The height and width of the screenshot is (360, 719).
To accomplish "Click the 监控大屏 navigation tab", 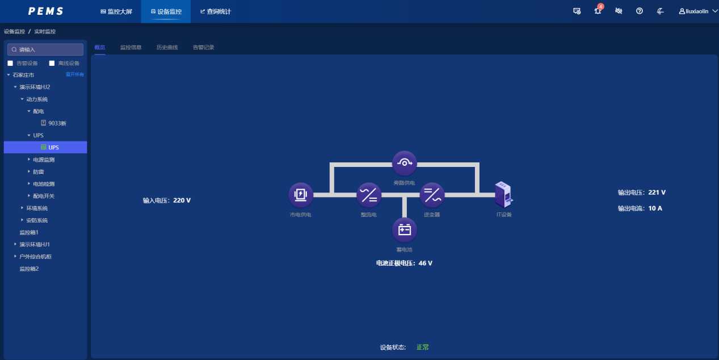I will click(x=116, y=11).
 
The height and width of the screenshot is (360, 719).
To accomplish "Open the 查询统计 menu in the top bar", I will click(x=216, y=11).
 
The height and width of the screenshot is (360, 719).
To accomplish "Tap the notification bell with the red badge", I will click(x=598, y=11).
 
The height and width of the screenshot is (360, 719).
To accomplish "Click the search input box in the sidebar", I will click(x=45, y=49).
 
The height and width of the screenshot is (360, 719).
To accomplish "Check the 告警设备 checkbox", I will click(x=10, y=63).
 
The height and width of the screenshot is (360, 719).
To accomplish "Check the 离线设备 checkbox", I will click(x=52, y=63).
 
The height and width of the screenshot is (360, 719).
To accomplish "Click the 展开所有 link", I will click(x=75, y=74).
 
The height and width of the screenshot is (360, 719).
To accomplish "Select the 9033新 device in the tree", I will click(x=57, y=123).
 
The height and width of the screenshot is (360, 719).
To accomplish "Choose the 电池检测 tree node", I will click(x=44, y=184).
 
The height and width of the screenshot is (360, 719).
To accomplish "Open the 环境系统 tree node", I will click(x=37, y=208).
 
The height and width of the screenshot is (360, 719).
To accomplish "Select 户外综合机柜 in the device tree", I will click(x=35, y=257).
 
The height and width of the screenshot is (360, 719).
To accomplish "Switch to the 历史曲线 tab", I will click(x=167, y=47).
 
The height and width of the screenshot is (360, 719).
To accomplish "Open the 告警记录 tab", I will click(x=203, y=47).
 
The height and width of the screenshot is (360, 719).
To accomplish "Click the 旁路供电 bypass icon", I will click(x=404, y=163).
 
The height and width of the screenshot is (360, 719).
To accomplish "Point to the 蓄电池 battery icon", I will click(x=404, y=230).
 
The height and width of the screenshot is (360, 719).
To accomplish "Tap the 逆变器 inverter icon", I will click(x=432, y=195).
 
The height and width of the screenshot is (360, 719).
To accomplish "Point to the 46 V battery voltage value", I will click(x=425, y=263).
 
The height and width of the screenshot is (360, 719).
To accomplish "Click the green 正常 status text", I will click(x=423, y=347).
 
